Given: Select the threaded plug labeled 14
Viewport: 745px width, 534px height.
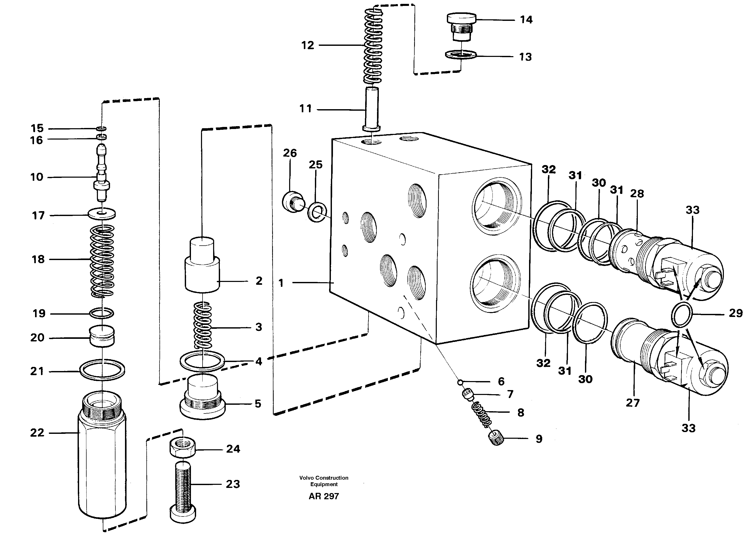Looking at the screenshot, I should point(462,27).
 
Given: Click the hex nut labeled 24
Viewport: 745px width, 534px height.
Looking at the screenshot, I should point(183,447).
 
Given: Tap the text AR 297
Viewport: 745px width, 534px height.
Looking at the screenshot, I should point(324,496).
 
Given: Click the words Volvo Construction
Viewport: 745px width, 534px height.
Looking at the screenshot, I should point(324,478).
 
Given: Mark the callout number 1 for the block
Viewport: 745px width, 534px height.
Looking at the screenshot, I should point(281,283).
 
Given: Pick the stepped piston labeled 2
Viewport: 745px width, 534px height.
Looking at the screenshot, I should point(202,266).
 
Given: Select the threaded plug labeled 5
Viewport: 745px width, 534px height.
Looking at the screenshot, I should point(202,398).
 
